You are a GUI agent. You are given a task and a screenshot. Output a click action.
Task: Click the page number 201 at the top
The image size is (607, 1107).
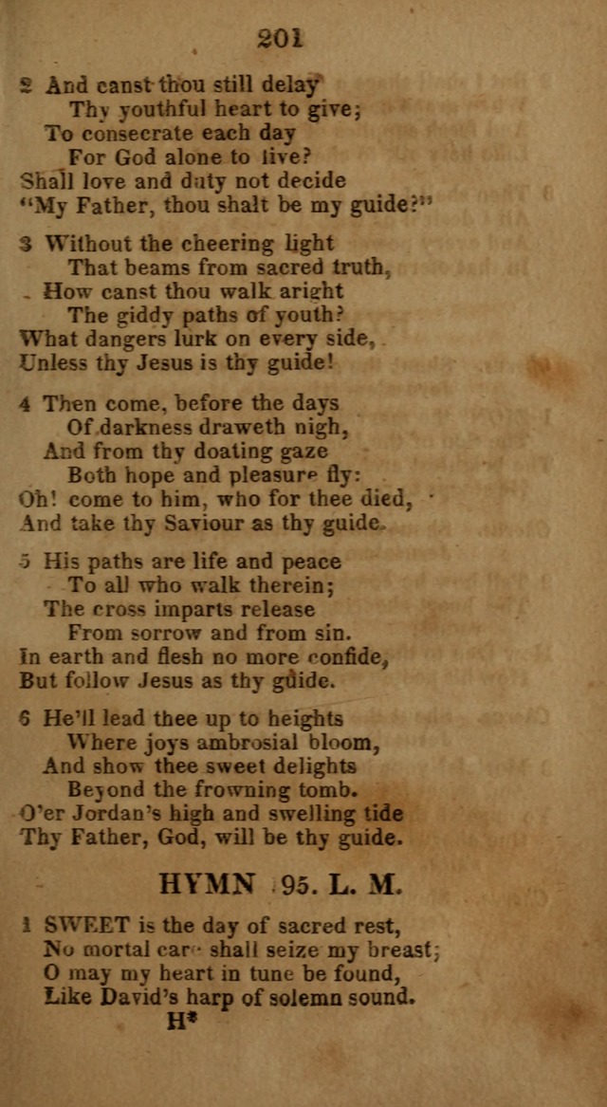pyautogui.click(x=279, y=38)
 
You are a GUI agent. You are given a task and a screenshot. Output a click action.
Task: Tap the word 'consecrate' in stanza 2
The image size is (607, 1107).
pyautogui.click(x=133, y=134)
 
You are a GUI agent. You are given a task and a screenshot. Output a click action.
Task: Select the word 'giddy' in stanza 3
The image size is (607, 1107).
pyautogui.click(x=138, y=315)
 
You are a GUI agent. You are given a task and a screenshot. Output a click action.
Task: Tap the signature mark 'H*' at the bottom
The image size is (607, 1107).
pyautogui.click(x=179, y=1022)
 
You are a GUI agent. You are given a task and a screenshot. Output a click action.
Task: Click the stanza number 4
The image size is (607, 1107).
pyautogui.click(x=25, y=404)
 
